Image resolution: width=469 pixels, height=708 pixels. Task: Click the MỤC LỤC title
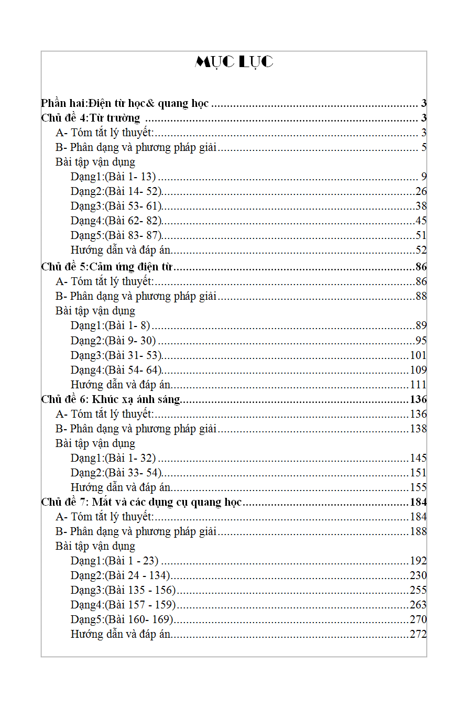click(x=234, y=62)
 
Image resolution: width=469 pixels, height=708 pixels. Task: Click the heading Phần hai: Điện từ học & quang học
click(x=125, y=103)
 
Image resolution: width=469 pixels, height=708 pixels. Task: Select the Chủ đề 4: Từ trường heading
click(x=91, y=118)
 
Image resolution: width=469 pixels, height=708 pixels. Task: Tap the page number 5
click(x=424, y=147)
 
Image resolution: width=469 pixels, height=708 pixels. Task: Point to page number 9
click(x=424, y=177)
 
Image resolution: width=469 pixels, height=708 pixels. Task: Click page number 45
click(x=421, y=221)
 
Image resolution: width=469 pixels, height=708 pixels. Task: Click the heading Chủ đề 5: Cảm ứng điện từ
click(x=107, y=267)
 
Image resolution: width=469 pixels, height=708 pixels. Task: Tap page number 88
click(x=421, y=296)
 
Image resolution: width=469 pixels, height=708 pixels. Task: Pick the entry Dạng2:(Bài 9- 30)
click(x=113, y=340)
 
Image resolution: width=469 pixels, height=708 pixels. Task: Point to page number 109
click(x=418, y=369)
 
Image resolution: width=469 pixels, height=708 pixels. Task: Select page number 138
click(x=418, y=429)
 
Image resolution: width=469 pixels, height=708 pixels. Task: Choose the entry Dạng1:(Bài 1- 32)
click(x=113, y=458)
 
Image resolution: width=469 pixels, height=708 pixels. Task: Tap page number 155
click(x=418, y=487)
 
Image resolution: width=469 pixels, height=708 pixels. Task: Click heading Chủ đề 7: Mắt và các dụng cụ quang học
click(x=141, y=502)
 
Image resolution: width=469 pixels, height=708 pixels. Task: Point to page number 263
click(x=418, y=605)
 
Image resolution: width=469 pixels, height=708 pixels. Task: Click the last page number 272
click(x=418, y=634)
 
